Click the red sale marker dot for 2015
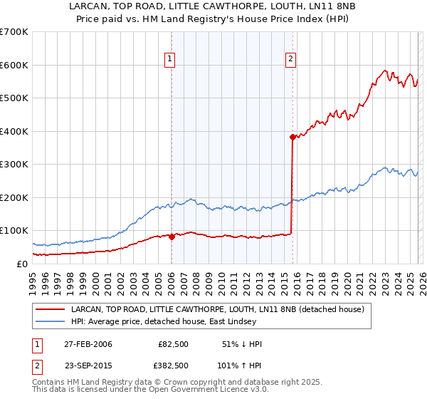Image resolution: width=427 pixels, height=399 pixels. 292,137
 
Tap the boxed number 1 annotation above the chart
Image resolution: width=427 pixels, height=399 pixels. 171,60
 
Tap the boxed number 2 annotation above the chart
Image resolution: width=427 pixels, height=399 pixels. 292,60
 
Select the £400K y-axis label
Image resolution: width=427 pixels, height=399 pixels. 14,131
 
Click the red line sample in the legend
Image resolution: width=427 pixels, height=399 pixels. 51,309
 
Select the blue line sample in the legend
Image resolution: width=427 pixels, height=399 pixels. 51,322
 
